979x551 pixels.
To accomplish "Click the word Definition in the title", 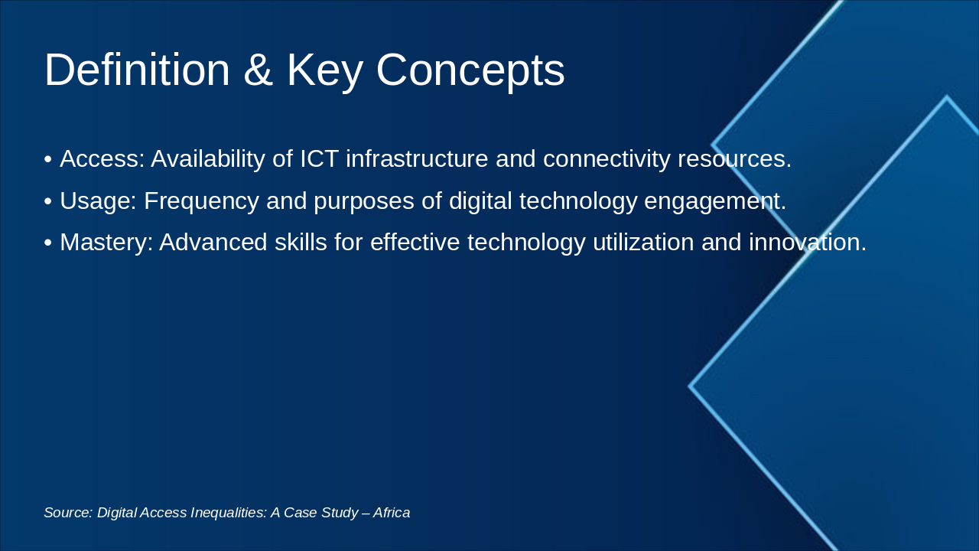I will pos(137,70).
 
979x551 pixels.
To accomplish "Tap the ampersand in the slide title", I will pos(259,70).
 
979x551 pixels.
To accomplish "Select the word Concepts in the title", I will pos(470,70).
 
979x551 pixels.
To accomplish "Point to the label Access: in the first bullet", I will pos(102,159).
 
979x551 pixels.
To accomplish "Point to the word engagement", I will pos(715,201).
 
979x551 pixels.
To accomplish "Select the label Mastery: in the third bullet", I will pos(106,243).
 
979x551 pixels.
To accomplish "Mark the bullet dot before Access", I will pos(48,160).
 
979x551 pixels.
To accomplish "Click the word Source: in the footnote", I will pos(68,513).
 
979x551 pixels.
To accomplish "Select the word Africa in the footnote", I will pos(392,513).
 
